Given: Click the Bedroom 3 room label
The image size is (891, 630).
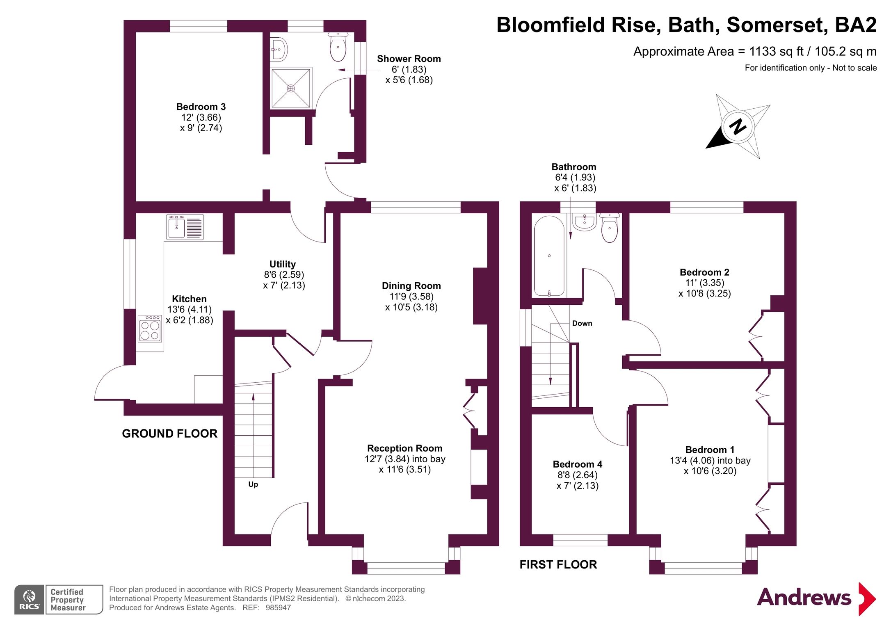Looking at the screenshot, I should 201,107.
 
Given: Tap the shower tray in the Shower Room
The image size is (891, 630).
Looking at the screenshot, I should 290,88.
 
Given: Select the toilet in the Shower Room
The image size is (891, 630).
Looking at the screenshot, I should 338,48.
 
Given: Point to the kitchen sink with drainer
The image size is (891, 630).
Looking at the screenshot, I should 185,227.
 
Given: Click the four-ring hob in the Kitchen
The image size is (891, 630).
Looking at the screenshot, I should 150,329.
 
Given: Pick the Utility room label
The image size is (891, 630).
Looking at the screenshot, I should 282,264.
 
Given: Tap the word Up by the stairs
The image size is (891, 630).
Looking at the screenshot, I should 253,484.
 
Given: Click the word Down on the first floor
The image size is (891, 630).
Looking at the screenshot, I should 582,323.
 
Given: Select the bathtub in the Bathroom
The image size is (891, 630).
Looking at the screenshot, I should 549,256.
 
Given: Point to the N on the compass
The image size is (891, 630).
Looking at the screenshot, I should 738,126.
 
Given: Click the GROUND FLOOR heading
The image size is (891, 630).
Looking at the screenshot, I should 169,434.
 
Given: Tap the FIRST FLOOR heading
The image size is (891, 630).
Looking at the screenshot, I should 558,565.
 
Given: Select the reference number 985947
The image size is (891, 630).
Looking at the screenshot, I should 278,608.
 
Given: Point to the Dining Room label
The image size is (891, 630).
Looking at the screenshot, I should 411,286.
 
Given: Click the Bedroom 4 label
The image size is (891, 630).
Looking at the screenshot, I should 577,464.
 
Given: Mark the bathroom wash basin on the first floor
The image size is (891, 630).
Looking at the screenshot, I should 584,222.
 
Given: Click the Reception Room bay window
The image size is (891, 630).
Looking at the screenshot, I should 406,568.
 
